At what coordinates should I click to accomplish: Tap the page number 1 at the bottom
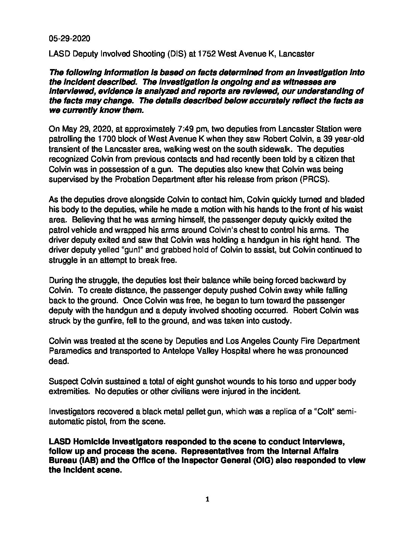pos(207,500)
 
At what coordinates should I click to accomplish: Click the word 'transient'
pos(64,150)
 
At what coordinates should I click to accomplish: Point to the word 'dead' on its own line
pos(58,361)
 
